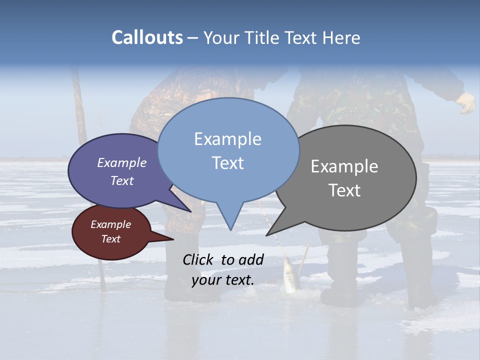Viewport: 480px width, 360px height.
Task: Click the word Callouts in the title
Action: click(x=147, y=37)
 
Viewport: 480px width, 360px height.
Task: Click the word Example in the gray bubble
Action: click(x=344, y=166)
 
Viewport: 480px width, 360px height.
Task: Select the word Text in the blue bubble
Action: click(x=228, y=163)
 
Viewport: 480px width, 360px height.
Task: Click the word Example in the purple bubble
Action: click(x=122, y=163)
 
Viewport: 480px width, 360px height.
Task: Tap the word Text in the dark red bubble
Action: click(x=111, y=239)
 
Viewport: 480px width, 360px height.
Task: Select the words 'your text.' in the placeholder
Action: click(x=223, y=280)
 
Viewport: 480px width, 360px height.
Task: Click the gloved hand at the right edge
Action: click(x=466, y=102)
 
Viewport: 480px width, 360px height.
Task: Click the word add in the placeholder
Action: click(x=251, y=259)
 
